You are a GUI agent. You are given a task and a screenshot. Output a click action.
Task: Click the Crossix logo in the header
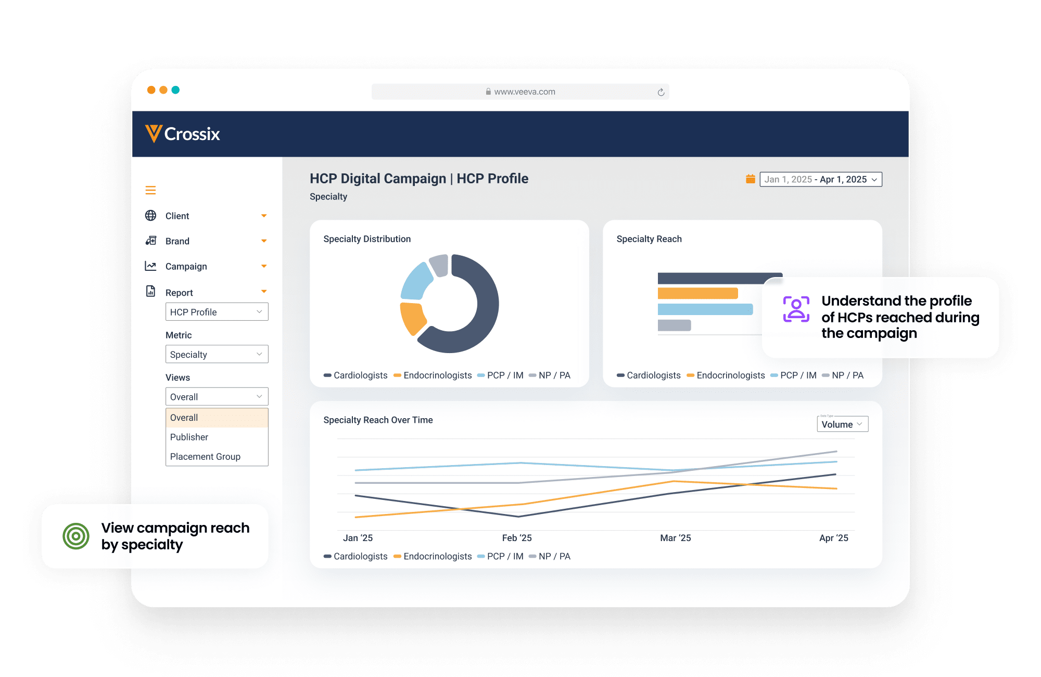183,134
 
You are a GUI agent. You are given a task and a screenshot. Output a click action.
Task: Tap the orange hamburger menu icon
150,191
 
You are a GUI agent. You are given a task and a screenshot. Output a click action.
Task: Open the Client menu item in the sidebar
177,216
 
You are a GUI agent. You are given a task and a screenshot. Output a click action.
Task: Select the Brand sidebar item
177,241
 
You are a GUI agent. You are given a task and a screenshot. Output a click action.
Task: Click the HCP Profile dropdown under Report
217,312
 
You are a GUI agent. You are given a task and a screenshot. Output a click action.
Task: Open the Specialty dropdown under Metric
217,355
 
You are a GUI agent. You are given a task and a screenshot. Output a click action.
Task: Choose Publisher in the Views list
189,437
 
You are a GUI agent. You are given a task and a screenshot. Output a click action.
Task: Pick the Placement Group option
206,457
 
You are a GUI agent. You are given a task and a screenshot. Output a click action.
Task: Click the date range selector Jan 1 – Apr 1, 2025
821,180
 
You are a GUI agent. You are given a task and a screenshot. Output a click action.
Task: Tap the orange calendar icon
750,179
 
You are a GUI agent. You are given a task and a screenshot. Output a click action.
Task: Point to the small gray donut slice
439,265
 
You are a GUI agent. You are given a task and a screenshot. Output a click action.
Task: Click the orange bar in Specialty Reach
697,294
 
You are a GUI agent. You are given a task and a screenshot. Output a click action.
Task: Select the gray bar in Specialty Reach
674,325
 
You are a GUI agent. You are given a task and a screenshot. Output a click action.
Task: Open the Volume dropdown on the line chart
842,424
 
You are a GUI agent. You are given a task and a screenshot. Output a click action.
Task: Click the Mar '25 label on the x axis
676,538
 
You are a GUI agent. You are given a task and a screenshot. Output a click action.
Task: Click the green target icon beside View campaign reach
76,536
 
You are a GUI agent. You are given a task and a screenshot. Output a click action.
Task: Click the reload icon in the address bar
661,92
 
